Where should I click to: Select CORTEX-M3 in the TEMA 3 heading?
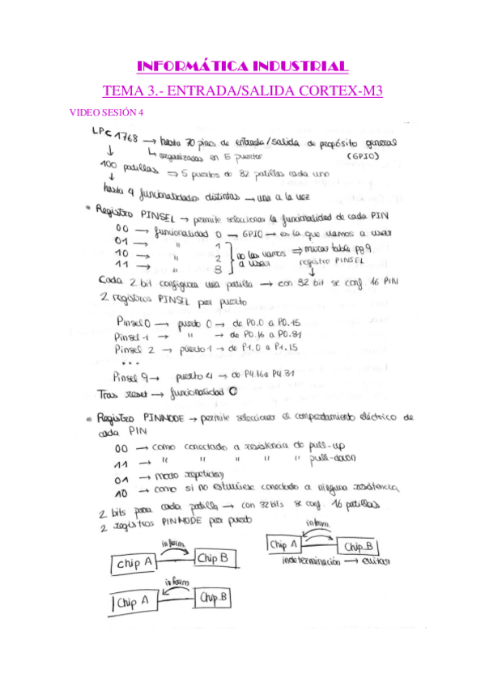pos(340,91)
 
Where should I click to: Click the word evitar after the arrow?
pos(377,560)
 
